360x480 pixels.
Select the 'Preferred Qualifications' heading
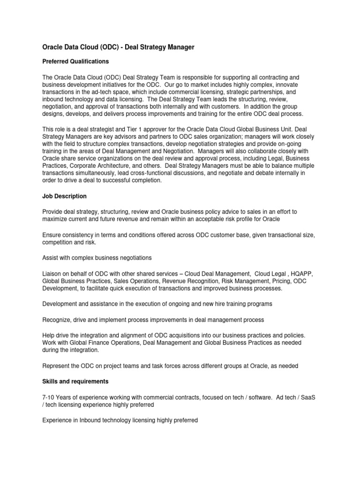point(75,61)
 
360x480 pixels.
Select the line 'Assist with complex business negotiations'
point(97,258)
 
